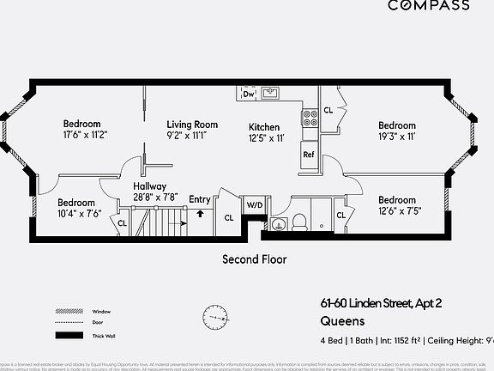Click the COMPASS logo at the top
(x=429, y=5)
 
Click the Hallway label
(x=149, y=186)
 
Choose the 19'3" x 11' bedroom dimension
(x=396, y=137)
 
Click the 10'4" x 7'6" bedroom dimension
(x=79, y=213)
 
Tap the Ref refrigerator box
(x=309, y=155)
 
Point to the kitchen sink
(x=271, y=93)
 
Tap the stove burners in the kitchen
(x=310, y=117)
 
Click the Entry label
(x=199, y=200)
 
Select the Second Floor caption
(x=255, y=258)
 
